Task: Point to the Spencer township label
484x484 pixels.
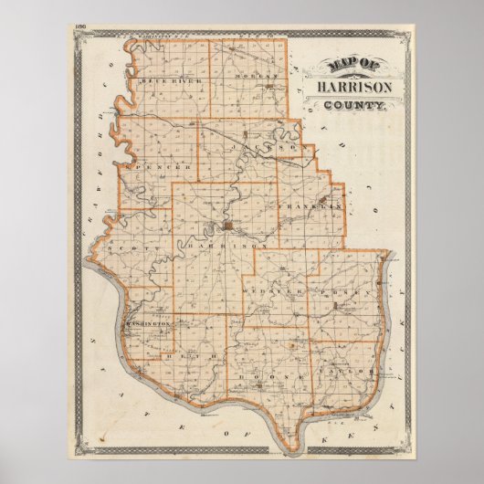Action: pos(162,168)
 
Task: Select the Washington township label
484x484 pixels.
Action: pos(147,324)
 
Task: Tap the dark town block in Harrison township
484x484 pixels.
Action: pos(225,226)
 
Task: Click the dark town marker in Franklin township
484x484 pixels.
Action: pos(324,199)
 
